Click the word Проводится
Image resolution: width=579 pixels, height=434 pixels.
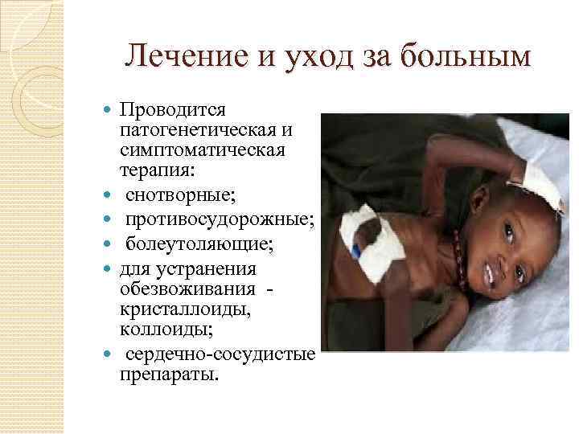tap(173, 109)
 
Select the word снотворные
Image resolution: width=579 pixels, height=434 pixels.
tap(175, 195)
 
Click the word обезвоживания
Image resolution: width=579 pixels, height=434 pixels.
tap(187, 289)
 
